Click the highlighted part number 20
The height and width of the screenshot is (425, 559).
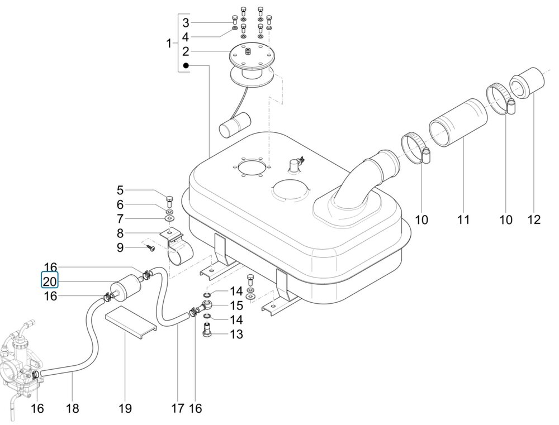tap(50, 282)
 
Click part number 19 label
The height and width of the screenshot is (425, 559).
tap(125, 408)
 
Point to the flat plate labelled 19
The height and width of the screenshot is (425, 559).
tap(131, 323)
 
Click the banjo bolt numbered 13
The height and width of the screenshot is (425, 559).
tap(207, 329)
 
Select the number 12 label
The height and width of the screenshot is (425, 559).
tap(534, 219)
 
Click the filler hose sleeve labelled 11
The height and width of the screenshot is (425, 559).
tap(458, 122)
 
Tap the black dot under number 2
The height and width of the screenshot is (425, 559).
tap(186, 65)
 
